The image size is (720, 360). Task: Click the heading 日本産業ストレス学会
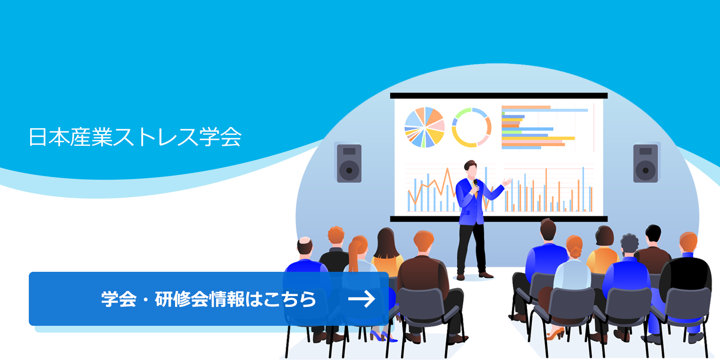135,137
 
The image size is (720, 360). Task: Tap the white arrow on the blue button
361,299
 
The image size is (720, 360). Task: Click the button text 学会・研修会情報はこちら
208,299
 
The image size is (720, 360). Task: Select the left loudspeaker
349,163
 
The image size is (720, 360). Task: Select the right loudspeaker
645,163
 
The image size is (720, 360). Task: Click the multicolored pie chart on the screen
424,127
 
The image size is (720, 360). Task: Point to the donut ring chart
471,127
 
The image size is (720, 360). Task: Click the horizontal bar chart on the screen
540,127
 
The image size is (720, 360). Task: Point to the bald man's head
305,246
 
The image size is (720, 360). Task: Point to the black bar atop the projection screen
498,95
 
